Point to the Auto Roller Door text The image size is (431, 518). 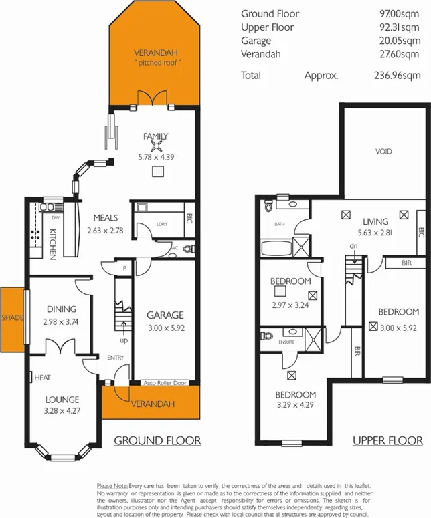166,383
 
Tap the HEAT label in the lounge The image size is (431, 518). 42,378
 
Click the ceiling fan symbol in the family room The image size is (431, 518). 156,147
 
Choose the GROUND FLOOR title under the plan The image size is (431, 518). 157,440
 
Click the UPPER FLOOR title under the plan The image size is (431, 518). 388,440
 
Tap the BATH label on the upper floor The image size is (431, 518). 279,225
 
